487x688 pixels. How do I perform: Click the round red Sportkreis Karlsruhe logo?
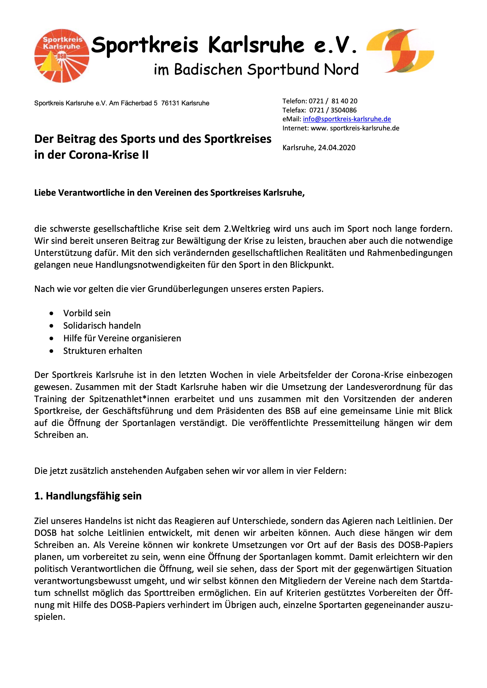[x=62, y=56]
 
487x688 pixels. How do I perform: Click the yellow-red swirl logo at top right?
[x=400, y=51]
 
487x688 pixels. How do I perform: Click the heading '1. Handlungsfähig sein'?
[x=88, y=496]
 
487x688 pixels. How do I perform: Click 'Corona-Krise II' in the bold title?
[x=109, y=155]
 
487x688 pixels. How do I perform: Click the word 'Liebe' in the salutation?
[x=45, y=193]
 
